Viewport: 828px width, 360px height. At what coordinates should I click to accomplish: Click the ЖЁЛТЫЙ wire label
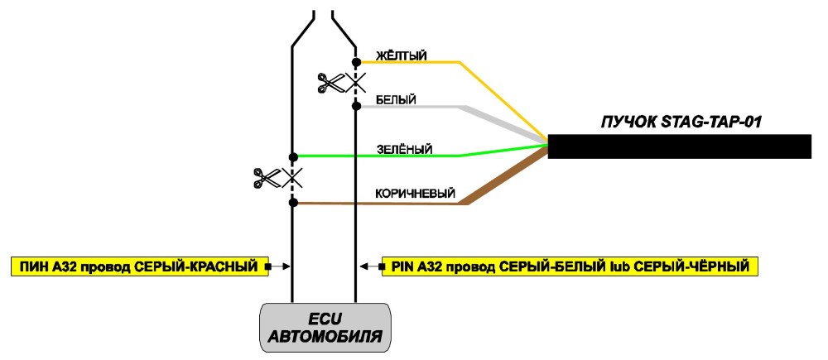[401, 55]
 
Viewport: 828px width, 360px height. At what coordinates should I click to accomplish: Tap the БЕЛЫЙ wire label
[396, 99]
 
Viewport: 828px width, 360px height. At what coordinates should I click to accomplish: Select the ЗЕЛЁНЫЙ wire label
[405, 150]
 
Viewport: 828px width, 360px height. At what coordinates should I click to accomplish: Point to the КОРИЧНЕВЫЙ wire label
[415, 194]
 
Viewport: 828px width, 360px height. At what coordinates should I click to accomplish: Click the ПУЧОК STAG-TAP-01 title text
[681, 122]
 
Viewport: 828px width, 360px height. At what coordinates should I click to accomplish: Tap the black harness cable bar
[679, 146]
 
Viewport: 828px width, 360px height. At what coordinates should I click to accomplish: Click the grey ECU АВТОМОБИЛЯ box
[325, 327]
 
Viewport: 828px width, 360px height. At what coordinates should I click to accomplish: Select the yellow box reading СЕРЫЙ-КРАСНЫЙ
[137, 266]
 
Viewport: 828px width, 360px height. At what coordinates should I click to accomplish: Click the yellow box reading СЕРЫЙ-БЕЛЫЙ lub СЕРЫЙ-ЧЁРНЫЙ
[570, 266]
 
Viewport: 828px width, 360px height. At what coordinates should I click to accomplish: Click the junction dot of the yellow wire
[356, 62]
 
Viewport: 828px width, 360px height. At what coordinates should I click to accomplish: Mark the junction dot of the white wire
[356, 106]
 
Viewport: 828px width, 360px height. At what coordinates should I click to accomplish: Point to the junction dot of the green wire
[294, 156]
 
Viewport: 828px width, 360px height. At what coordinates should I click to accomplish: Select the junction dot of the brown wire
[294, 202]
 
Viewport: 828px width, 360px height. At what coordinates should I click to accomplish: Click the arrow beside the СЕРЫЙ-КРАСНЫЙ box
[277, 266]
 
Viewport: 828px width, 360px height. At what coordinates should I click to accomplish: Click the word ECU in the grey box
[325, 319]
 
